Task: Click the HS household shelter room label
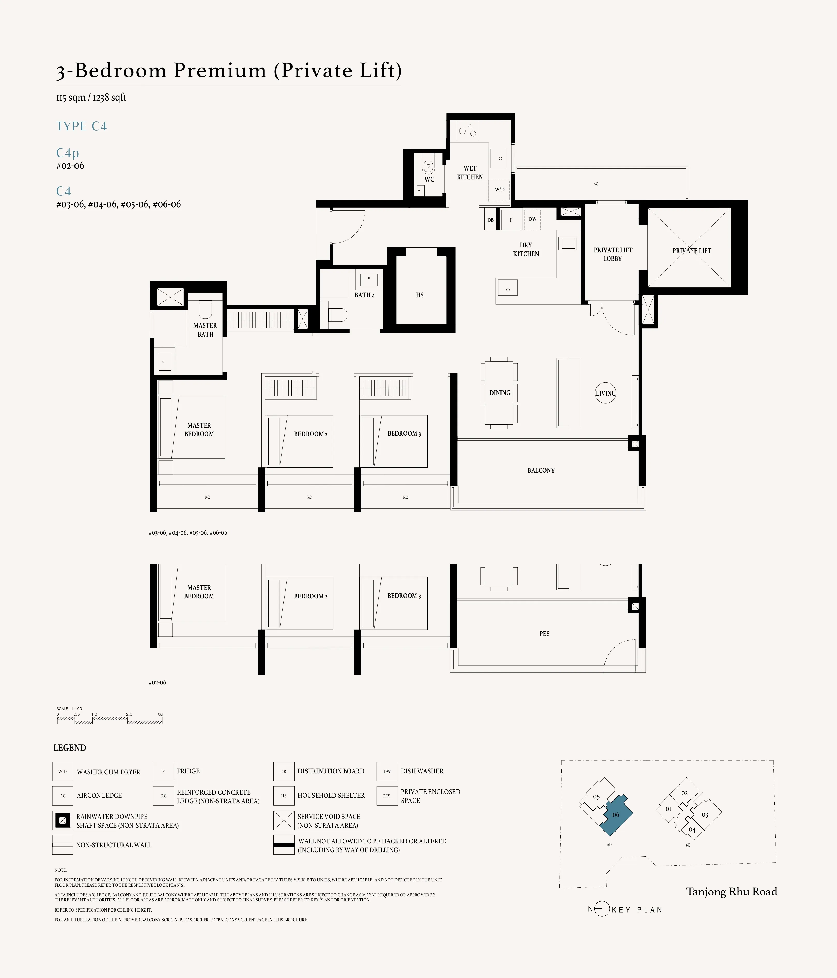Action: (420, 295)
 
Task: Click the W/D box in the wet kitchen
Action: (499, 190)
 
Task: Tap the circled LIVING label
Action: (605, 393)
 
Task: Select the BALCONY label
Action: (541, 471)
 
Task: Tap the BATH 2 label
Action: (364, 295)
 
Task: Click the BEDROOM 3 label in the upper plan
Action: (404, 433)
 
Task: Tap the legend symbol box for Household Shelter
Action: (283, 796)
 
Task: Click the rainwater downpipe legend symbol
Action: (62, 821)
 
